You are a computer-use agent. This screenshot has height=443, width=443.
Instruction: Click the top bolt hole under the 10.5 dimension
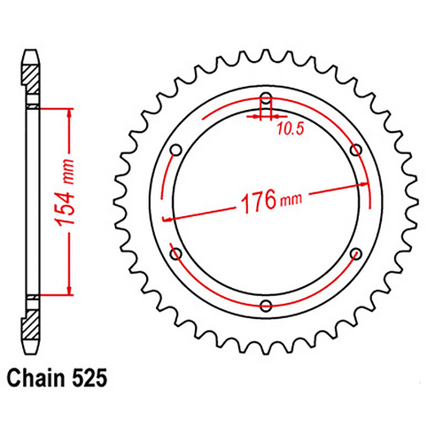coord(265,98)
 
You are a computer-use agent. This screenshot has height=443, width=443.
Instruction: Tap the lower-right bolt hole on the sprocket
coord(355,253)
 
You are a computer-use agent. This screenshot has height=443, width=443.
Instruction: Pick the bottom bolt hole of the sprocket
coord(266,306)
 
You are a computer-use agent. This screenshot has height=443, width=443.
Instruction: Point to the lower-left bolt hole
coord(175,253)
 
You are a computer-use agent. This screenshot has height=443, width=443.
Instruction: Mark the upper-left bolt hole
coord(175,149)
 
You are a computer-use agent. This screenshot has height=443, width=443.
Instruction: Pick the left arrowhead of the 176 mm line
coord(169,217)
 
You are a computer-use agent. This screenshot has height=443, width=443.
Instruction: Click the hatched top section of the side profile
coord(31,80)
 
